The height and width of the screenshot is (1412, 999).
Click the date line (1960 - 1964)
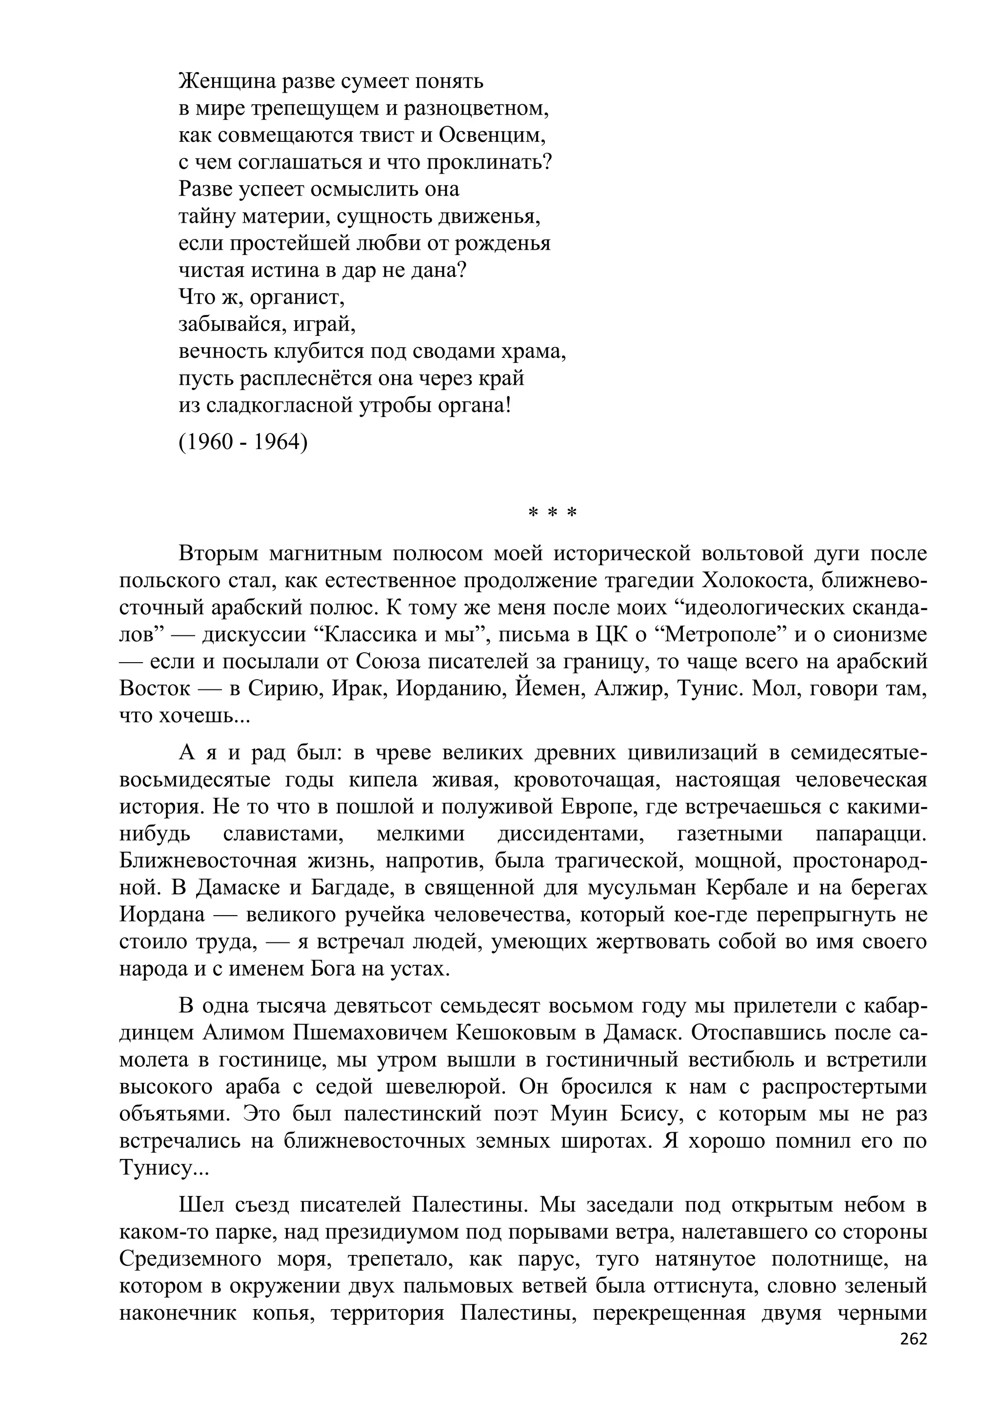point(243,442)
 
